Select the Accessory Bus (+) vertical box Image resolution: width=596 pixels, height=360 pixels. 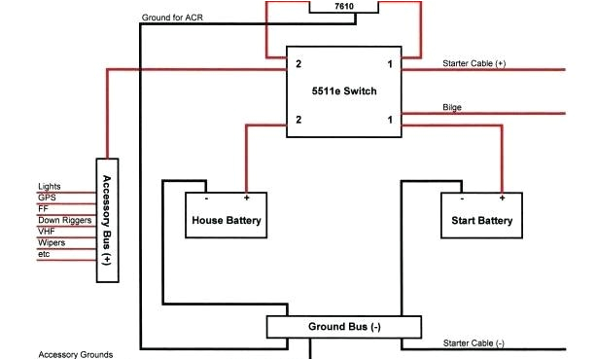[107, 220]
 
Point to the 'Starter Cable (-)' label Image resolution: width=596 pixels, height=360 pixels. [473, 343]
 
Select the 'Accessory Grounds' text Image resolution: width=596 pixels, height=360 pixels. [75, 355]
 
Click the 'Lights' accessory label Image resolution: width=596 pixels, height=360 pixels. [50, 186]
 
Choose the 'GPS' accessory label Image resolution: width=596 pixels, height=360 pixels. [48, 197]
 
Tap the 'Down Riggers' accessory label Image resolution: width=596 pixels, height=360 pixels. [64, 220]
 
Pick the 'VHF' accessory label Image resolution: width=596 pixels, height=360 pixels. [48, 232]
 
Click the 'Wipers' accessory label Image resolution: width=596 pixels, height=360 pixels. [53, 243]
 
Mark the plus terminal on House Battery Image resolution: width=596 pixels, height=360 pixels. [246, 198]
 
